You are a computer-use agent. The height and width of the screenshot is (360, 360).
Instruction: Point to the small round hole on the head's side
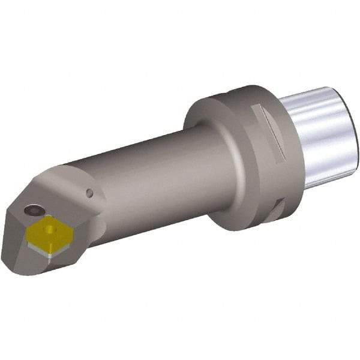coord(89,193)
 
